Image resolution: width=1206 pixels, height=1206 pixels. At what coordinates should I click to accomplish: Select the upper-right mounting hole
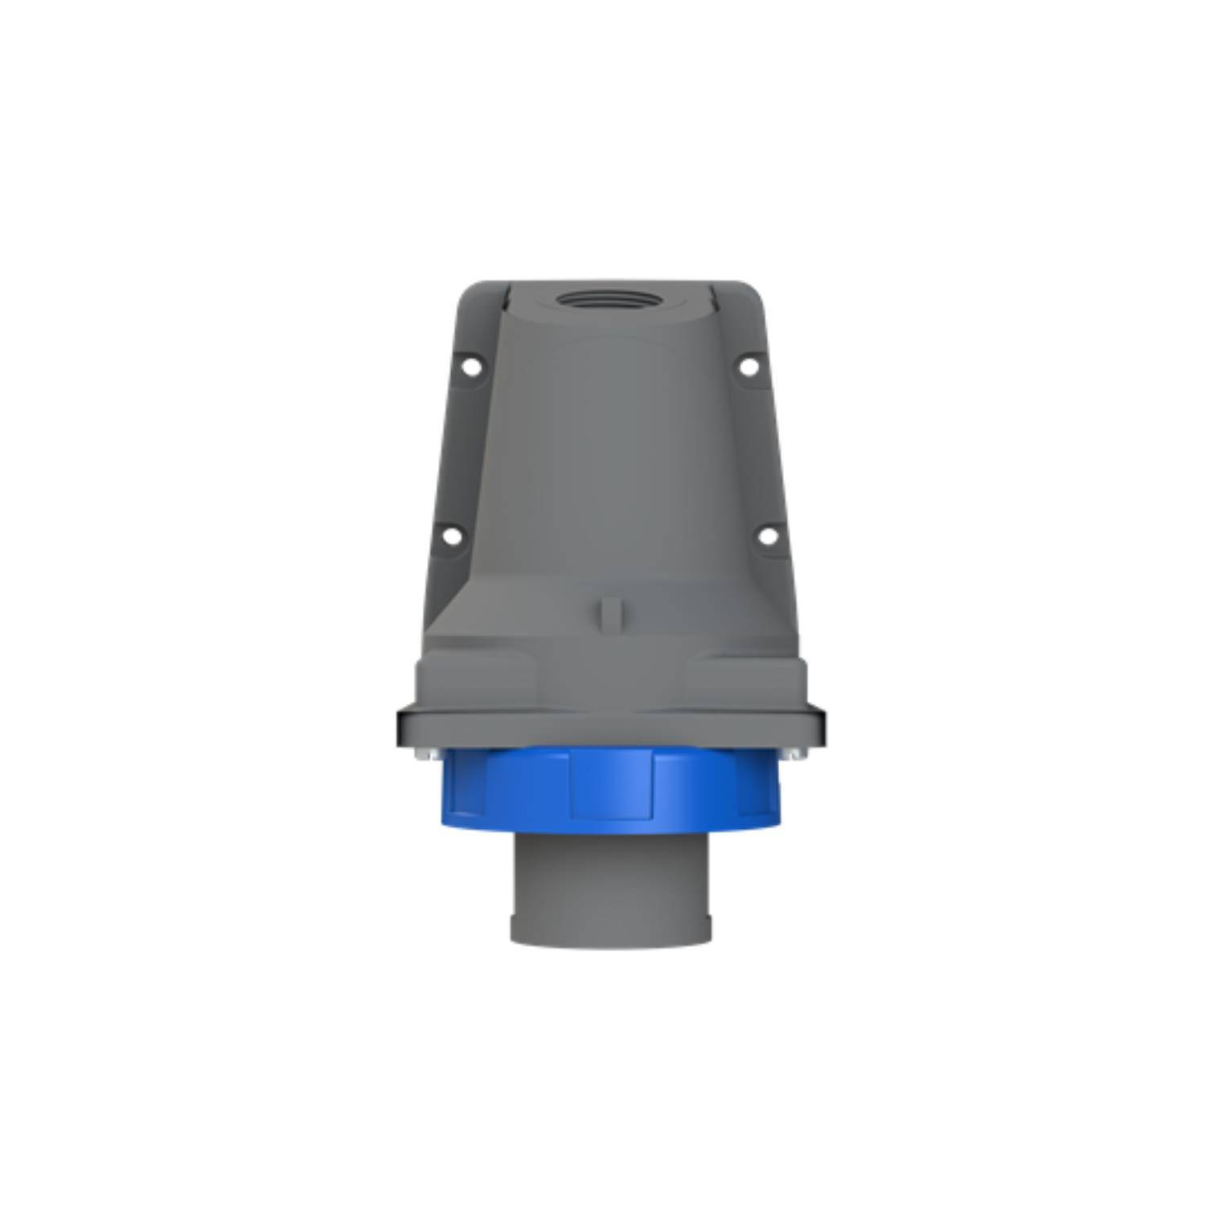coord(748,367)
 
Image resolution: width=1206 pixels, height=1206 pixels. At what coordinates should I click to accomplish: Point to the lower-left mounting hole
coord(452,535)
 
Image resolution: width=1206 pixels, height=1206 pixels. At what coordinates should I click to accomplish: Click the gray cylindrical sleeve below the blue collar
coord(611,884)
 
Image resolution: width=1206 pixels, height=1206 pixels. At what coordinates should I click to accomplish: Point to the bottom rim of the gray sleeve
coord(611,937)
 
